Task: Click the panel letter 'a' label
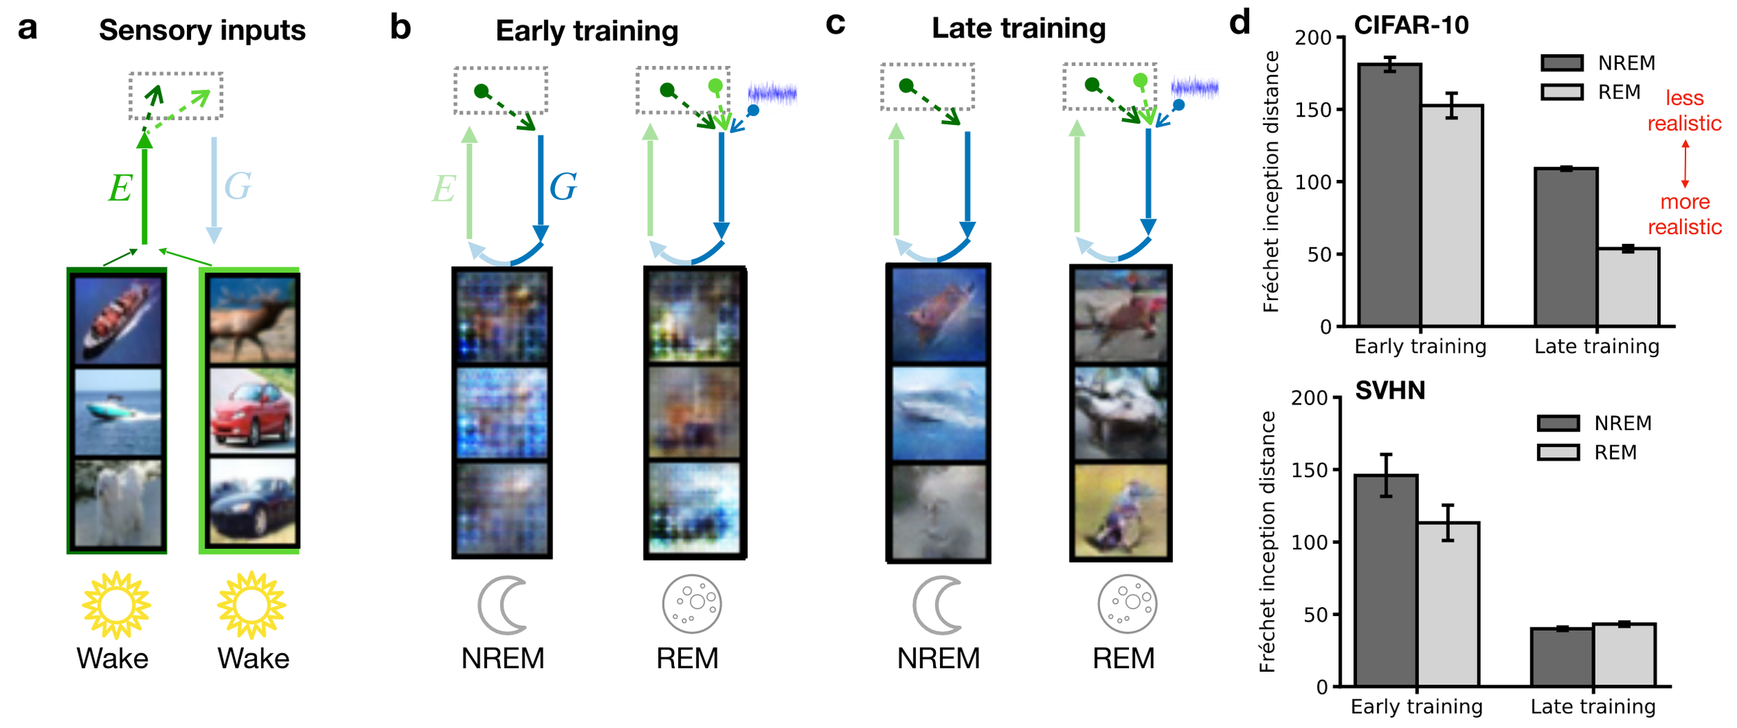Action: [27, 29]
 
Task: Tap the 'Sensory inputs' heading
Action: [201, 31]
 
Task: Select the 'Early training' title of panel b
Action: [586, 31]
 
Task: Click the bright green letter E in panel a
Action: [120, 188]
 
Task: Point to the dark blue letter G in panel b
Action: [563, 187]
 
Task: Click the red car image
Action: [252, 411]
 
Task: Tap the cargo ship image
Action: [117, 320]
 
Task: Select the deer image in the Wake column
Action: [252, 320]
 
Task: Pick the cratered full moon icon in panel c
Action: [1127, 604]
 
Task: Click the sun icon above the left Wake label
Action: [116, 604]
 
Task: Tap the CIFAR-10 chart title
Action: [1411, 26]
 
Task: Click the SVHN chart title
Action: [1390, 390]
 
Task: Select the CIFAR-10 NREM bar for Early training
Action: [1389, 195]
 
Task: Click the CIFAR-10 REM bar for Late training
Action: [1628, 286]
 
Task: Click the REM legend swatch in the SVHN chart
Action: [1558, 453]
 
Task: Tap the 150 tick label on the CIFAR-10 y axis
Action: [1312, 110]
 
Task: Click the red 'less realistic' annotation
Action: [1684, 110]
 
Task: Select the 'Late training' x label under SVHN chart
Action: [1592, 707]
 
